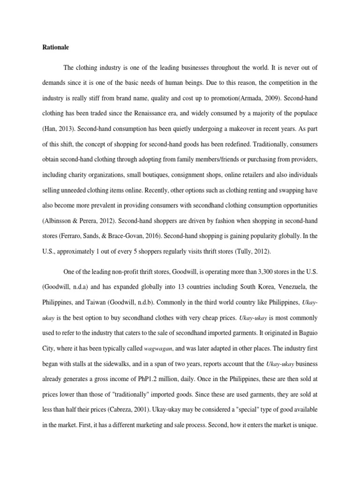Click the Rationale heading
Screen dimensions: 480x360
click(x=55, y=47)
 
